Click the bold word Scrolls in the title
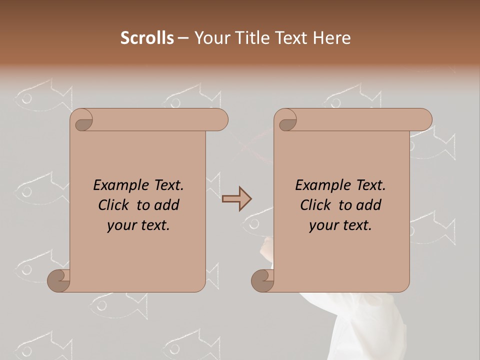click(147, 38)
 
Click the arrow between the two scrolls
click(236, 199)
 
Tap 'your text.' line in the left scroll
click(138, 225)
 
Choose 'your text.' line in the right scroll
click(340, 225)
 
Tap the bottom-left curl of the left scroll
click(58, 280)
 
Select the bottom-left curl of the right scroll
click(262, 280)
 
